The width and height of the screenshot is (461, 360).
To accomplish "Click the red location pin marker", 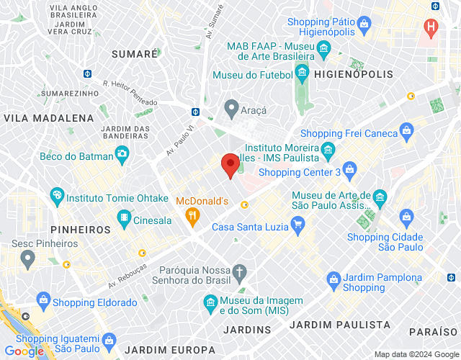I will [x=230, y=165].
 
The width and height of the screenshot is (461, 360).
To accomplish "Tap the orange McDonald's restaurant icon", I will [x=192, y=214].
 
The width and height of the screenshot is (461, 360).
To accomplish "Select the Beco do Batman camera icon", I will [x=122, y=153].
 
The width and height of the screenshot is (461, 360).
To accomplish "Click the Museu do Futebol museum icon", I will [x=302, y=73].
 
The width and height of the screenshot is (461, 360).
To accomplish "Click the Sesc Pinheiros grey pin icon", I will [x=28, y=257].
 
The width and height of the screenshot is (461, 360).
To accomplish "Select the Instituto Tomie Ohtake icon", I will [x=57, y=195].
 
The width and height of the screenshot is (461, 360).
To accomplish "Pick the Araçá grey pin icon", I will [x=231, y=109].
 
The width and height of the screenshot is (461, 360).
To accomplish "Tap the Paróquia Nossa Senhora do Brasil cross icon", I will [x=241, y=272].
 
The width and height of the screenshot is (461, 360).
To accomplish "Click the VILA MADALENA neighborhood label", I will [x=49, y=117].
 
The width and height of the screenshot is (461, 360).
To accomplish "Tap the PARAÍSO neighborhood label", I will [x=433, y=331].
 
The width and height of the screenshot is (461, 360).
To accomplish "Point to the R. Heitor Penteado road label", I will [x=130, y=93].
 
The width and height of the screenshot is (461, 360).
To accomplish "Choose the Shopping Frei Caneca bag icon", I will [x=407, y=131].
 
